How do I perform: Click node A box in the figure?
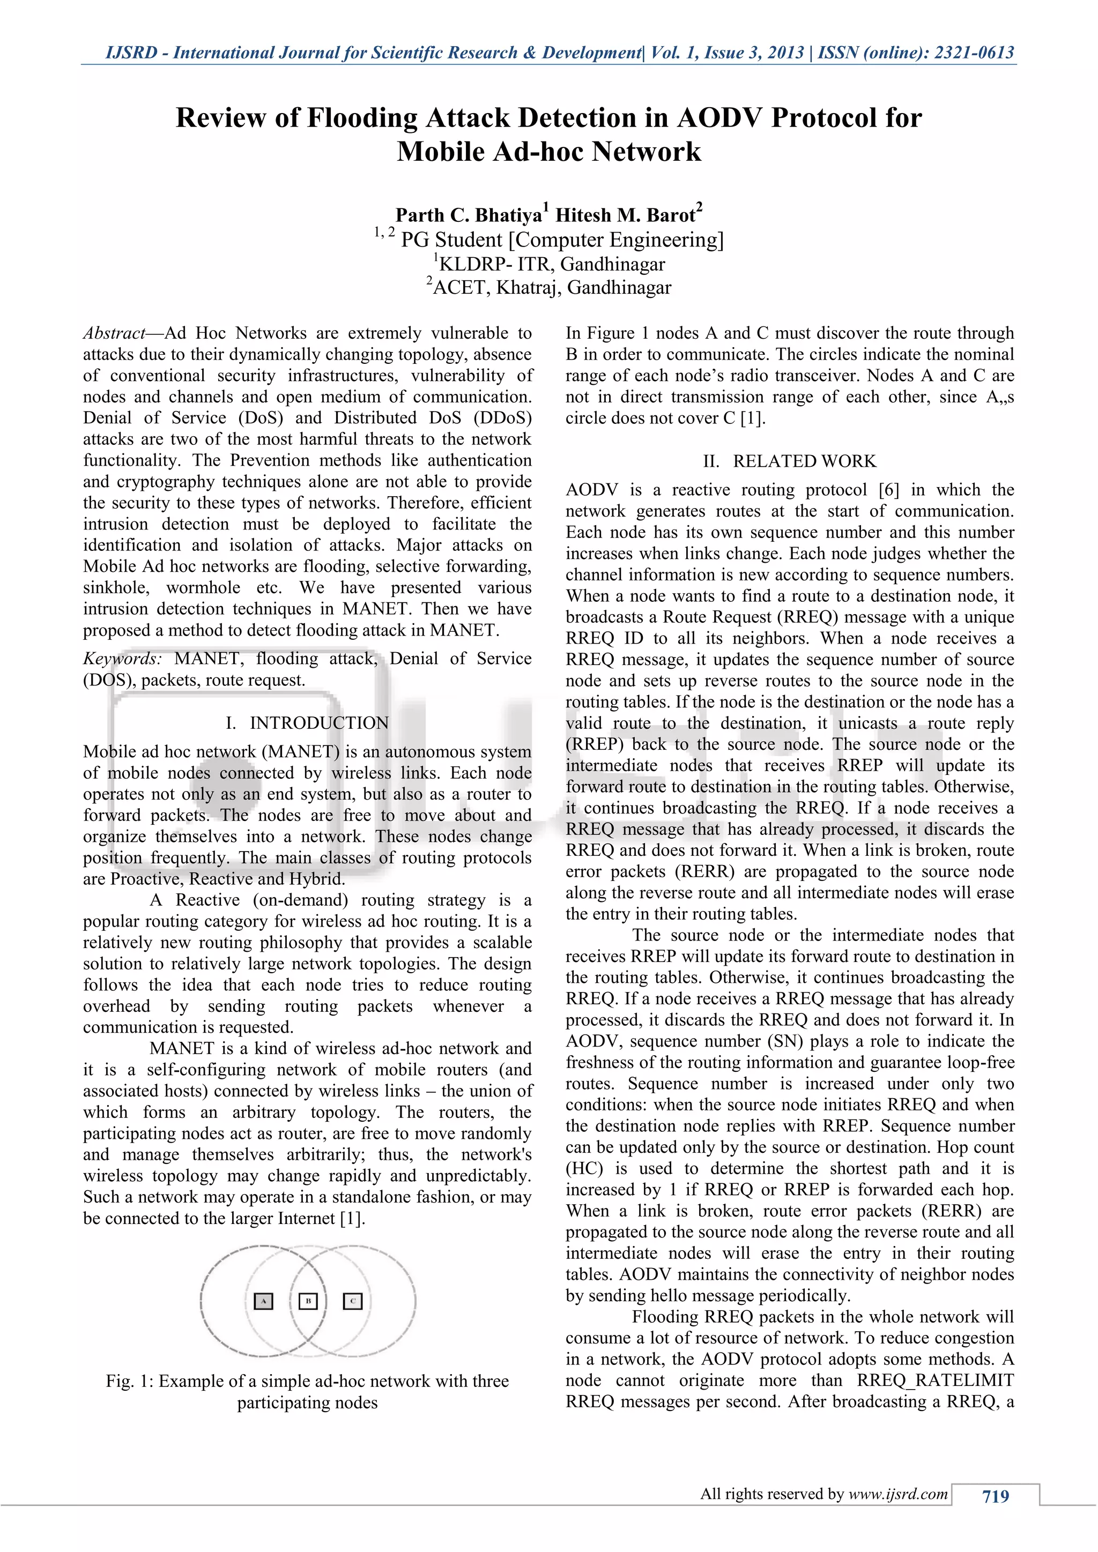pos(263,1301)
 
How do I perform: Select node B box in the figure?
pos(308,1301)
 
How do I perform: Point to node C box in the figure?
pos(353,1301)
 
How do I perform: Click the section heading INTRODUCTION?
pos(319,723)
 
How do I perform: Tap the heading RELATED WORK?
pos(805,461)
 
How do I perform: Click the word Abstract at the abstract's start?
pos(114,333)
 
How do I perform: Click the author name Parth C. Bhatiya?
pos(469,215)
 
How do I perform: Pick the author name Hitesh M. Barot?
pos(626,215)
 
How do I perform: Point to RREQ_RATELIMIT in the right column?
pos(935,1381)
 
